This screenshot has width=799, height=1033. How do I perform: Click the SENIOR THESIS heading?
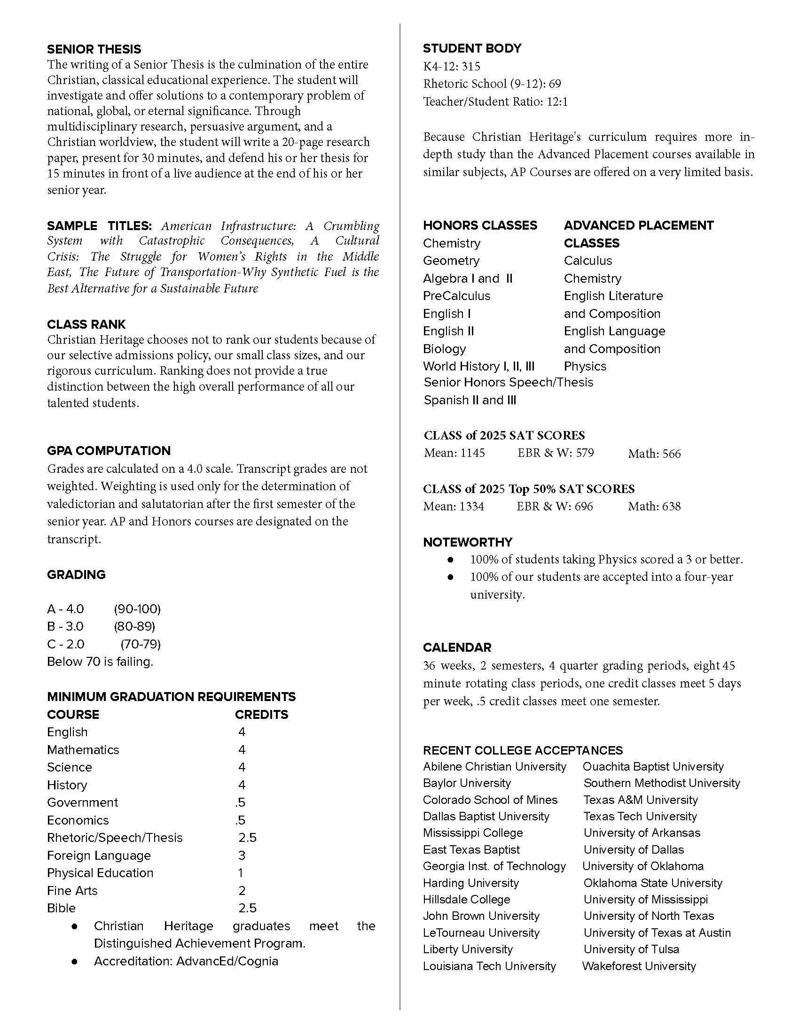(94, 49)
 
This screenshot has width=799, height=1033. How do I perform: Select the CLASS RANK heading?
(86, 324)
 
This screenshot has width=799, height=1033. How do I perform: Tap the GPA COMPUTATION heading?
(109, 450)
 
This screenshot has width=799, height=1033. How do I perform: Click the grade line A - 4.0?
(65, 608)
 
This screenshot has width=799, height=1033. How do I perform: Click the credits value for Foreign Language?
(242, 855)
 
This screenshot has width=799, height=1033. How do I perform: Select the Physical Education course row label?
(100, 873)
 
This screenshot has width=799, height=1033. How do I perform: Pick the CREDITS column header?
(261, 714)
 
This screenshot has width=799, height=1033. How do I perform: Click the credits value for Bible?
(247, 908)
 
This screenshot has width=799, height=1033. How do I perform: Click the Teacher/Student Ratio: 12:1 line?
(495, 101)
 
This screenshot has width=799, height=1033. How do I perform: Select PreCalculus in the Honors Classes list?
(456, 296)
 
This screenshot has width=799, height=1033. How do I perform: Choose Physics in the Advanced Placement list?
(585, 366)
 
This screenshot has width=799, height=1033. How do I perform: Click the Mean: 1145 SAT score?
(454, 453)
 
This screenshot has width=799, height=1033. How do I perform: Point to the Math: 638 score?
(654, 506)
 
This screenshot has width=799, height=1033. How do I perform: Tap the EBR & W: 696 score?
(554, 506)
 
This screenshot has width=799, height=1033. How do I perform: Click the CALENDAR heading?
(457, 647)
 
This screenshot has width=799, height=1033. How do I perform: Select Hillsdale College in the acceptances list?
(466, 899)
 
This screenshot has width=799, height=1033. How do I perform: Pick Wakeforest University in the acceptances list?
(639, 966)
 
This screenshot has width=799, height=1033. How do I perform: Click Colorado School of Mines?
(490, 799)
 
